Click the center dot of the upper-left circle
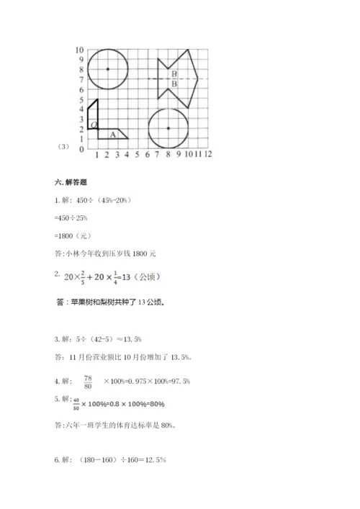(x=107, y=69)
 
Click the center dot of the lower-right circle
(x=168, y=128)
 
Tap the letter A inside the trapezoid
(x=112, y=134)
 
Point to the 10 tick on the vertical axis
(x=79, y=50)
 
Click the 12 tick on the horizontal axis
(x=207, y=154)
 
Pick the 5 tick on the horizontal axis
(x=137, y=154)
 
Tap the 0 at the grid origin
(x=81, y=150)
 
